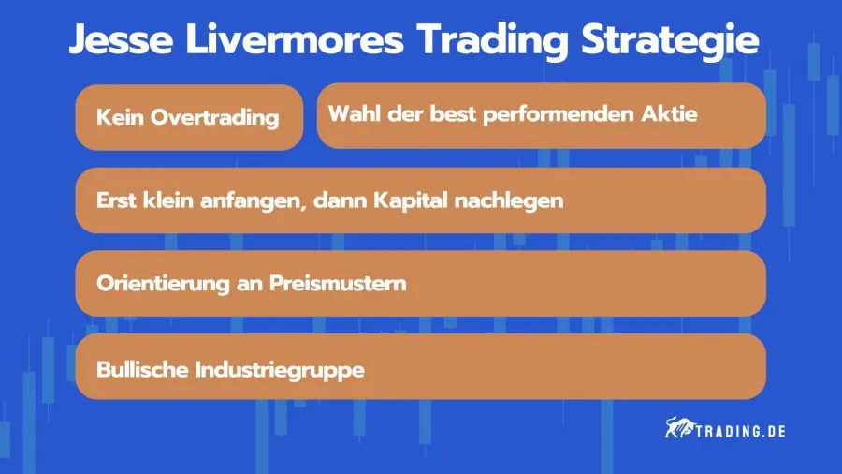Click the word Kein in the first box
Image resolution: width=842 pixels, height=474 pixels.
tap(119, 118)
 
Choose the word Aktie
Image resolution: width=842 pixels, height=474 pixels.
tap(674, 113)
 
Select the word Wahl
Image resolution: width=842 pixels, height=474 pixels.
tap(351, 113)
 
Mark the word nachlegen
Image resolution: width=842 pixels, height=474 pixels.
tap(515, 201)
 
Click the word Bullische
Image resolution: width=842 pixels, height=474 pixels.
tap(142, 369)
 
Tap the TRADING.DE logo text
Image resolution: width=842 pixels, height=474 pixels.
tap(740, 431)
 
